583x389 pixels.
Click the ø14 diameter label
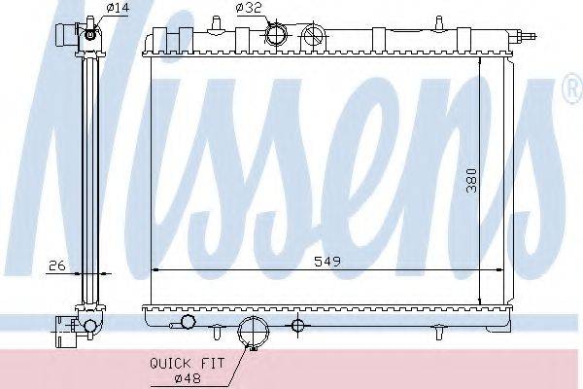pyautogui.click(x=118, y=8)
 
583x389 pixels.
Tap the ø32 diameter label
pyautogui.click(x=249, y=8)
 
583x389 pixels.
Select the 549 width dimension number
pyautogui.click(x=327, y=262)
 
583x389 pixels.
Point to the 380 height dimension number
pyautogui.click(x=471, y=181)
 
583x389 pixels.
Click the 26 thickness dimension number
pyautogui.click(x=57, y=265)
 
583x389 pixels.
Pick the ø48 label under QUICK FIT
pyautogui.click(x=188, y=379)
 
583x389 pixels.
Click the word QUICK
pyautogui.click(x=170, y=363)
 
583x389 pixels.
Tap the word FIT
pyautogui.click(x=212, y=363)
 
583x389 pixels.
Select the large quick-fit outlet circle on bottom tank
pyautogui.click(x=253, y=332)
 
